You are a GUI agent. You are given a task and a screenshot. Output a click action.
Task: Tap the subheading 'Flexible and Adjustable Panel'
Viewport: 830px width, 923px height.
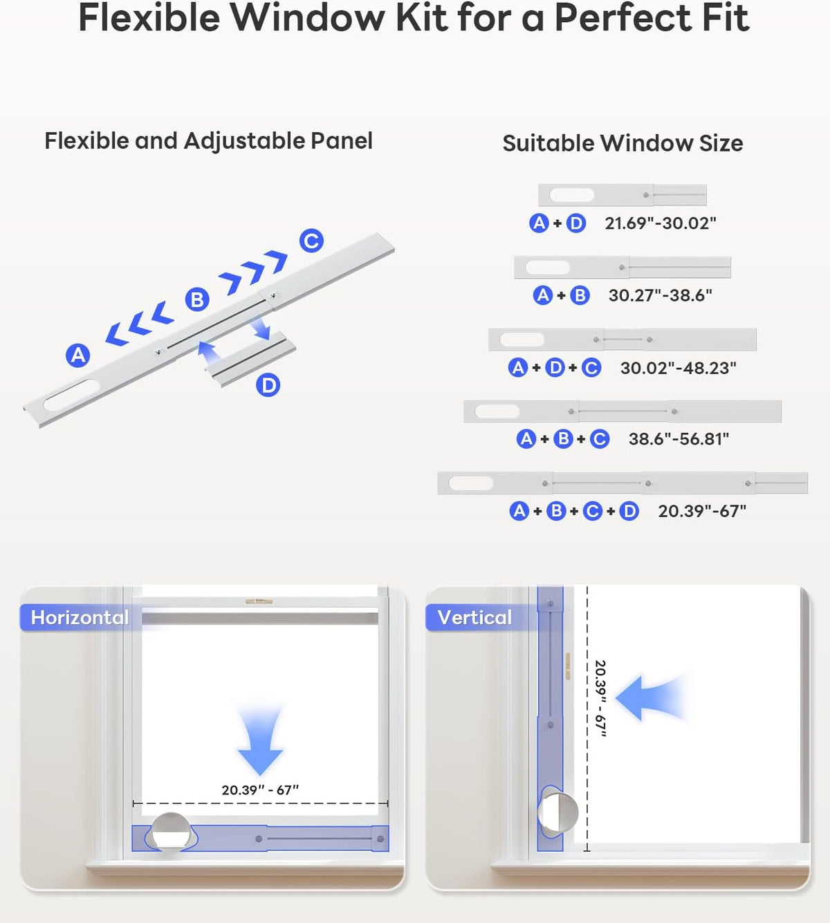[x=208, y=141]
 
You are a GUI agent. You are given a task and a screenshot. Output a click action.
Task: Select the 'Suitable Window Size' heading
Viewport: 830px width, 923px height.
[x=622, y=143]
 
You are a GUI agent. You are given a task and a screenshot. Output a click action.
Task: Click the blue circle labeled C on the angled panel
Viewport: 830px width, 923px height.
[x=311, y=241]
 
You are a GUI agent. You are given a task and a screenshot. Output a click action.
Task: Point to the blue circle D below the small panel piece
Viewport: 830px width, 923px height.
[x=268, y=385]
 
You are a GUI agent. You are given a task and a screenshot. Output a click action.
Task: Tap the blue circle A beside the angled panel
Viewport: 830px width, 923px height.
[x=77, y=355]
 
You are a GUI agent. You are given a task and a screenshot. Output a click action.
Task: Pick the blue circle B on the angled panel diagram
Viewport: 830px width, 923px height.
[x=197, y=299]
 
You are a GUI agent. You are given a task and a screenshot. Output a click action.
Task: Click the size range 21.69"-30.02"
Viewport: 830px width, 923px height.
[x=660, y=223]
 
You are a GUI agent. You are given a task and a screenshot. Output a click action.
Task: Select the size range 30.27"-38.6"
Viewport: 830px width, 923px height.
[x=660, y=295]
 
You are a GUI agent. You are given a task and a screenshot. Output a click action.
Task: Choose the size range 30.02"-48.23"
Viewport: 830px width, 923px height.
[x=678, y=368]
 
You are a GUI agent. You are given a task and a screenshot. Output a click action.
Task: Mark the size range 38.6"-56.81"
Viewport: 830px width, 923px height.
[x=679, y=439]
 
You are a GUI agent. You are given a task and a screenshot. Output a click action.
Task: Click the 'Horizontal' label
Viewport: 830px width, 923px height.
[x=80, y=617]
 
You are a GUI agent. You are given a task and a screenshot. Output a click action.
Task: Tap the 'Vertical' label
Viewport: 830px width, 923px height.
[x=474, y=617]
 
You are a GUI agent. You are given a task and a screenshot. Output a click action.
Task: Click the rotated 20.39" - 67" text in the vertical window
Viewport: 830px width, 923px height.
[x=600, y=698]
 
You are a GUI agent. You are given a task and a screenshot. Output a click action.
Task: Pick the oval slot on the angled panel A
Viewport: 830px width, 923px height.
[x=71, y=395]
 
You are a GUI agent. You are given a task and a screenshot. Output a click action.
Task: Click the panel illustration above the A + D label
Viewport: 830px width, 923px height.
[x=622, y=195]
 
